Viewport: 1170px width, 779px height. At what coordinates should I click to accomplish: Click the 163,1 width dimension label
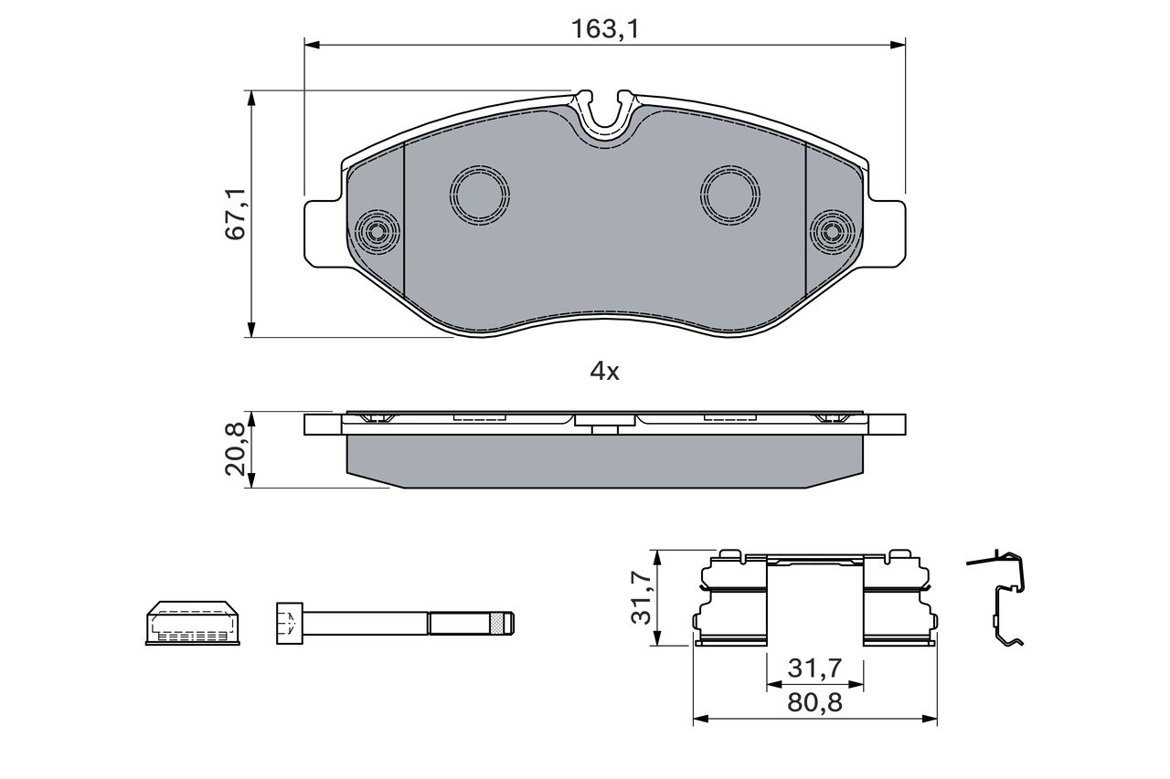tap(604, 28)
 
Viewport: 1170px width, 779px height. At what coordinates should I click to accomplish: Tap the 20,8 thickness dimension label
tap(237, 449)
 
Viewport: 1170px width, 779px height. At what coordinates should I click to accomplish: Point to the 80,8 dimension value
tap(814, 703)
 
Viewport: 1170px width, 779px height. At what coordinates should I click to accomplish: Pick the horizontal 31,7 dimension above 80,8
tap(814, 669)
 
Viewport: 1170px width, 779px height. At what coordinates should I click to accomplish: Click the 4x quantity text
tap(604, 371)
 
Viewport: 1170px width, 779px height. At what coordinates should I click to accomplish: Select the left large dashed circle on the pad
tap(479, 195)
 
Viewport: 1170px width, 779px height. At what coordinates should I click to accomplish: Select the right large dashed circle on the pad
tap(730, 195)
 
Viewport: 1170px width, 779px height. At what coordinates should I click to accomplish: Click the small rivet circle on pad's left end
tap(377, 232)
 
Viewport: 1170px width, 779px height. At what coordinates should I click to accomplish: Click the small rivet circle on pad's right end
tap(832, 232)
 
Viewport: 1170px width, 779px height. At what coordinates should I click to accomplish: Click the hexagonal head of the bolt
tap(289, 624)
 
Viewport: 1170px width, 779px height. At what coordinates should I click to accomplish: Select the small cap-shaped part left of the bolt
tap(193, 623)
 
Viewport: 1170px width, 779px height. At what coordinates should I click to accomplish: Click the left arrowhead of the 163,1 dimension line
tap(309, 44)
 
